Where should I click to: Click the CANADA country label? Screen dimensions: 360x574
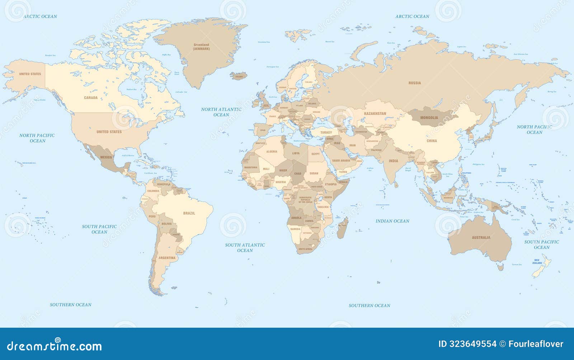[x=91, y=98]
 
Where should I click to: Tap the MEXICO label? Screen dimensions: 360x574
[x=106, y=157]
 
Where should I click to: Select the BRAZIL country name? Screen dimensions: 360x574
[x=189, y=213]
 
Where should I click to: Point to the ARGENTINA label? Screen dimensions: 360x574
[x=167, y=258]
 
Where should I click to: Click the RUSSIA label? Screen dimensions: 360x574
[x=415, y=83]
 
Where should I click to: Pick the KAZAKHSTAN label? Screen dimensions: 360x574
[x=375, y=113]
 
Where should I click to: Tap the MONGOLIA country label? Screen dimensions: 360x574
[x=429, y=118]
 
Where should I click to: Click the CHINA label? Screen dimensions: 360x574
[x=432, y=141]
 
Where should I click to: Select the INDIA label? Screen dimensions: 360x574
[x=394, y=161]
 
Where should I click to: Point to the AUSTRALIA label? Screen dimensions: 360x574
[x=481, y=238]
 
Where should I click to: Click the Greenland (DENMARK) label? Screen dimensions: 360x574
[x=201, y=47]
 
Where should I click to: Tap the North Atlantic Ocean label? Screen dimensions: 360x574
[x=221, y=112]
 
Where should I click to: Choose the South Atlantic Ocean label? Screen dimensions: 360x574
[x=245, y=248]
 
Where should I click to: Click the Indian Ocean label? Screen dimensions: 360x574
[x=392, y=221]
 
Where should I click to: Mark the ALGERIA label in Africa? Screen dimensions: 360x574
[x=272, y=151]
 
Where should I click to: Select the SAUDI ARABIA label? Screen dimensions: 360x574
[x=341, y=160]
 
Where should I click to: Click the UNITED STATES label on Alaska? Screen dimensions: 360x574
[x=30, y=74]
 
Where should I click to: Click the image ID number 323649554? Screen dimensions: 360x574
[x=467, y=344]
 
